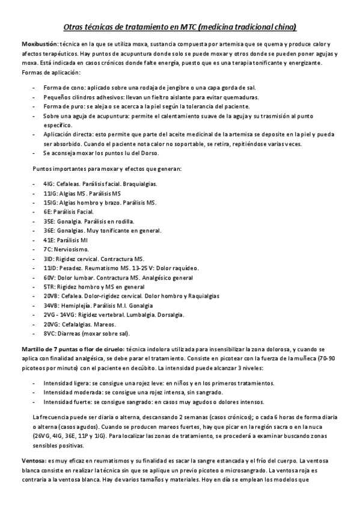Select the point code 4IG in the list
(47, 183)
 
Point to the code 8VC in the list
(49, 334)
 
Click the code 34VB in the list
(50, 306)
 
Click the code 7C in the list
(47, 249)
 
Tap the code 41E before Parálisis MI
(48, 240)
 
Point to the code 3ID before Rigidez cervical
(48, 259)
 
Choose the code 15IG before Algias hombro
(49, 203)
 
